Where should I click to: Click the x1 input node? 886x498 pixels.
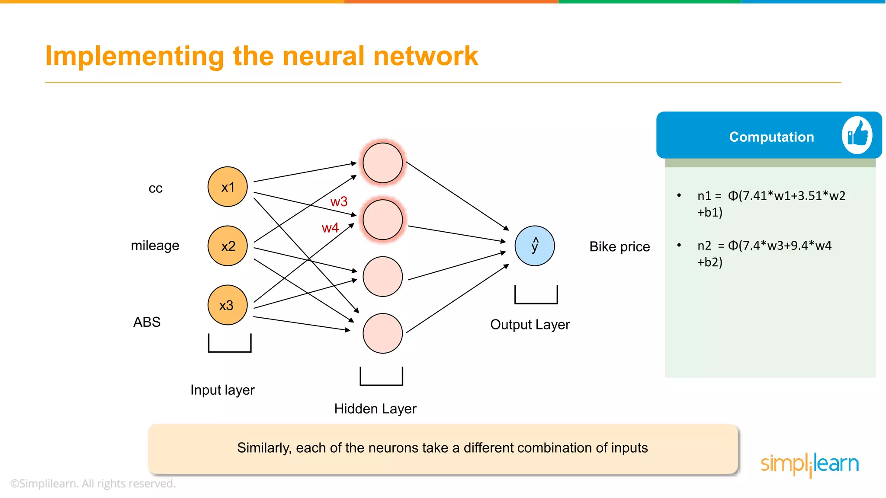pyautogui.click(x=228, y=187)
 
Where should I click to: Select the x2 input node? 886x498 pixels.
pyautogui.click(x=228, y=246)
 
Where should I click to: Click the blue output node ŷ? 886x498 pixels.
pyautogui.click(x=535, y=246)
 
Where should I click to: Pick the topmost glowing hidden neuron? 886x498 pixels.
pyautogui.click(x=382, y=163)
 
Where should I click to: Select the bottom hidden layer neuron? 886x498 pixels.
pyautogui.click(x=382, y=333)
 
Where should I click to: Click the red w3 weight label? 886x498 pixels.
pyautogui.click(x=339, y=202)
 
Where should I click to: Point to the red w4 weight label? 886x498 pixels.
pyautogui.click(x=330, y=228)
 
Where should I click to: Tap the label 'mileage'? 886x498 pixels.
pyautogui.click(x=155, y=246)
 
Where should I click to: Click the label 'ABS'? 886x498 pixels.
pyautogui.click(x=147, y=322)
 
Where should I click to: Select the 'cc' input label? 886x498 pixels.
pyautogui.click(x=155, y=188)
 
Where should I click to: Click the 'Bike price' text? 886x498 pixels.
pyautogui.click(x=620, y=247)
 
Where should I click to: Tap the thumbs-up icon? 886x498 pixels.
pyautogui.click(x=857, y=135)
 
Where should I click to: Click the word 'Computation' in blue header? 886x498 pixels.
pyautogui.click(x=771, y=137)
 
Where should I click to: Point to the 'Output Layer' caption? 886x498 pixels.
pyautogui.click(x=530, y=325)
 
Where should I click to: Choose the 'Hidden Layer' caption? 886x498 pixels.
pyautogui.click(x=375, y=409)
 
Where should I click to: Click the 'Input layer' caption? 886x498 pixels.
pyautogui.click(x=222, y=390)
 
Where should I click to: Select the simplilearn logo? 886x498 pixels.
pyautogui.click(x=809, y=464)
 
